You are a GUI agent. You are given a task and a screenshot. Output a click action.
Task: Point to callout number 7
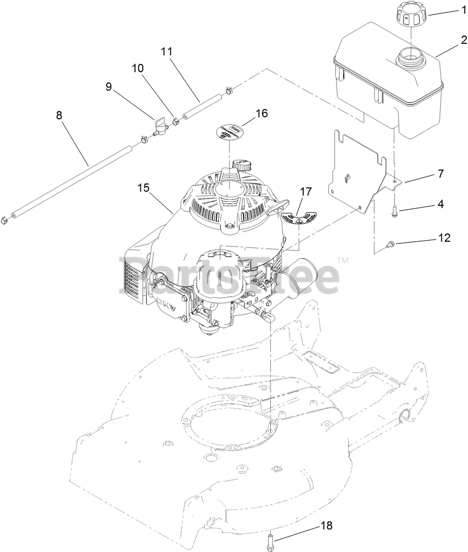click(440, 174)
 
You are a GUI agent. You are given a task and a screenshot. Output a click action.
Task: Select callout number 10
click(138, 68)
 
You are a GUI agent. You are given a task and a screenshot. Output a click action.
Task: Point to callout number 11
click(166, 52)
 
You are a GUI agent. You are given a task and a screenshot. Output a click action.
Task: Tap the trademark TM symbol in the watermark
click(343, 261)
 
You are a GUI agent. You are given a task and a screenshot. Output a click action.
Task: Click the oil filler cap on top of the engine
click(241, 165)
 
